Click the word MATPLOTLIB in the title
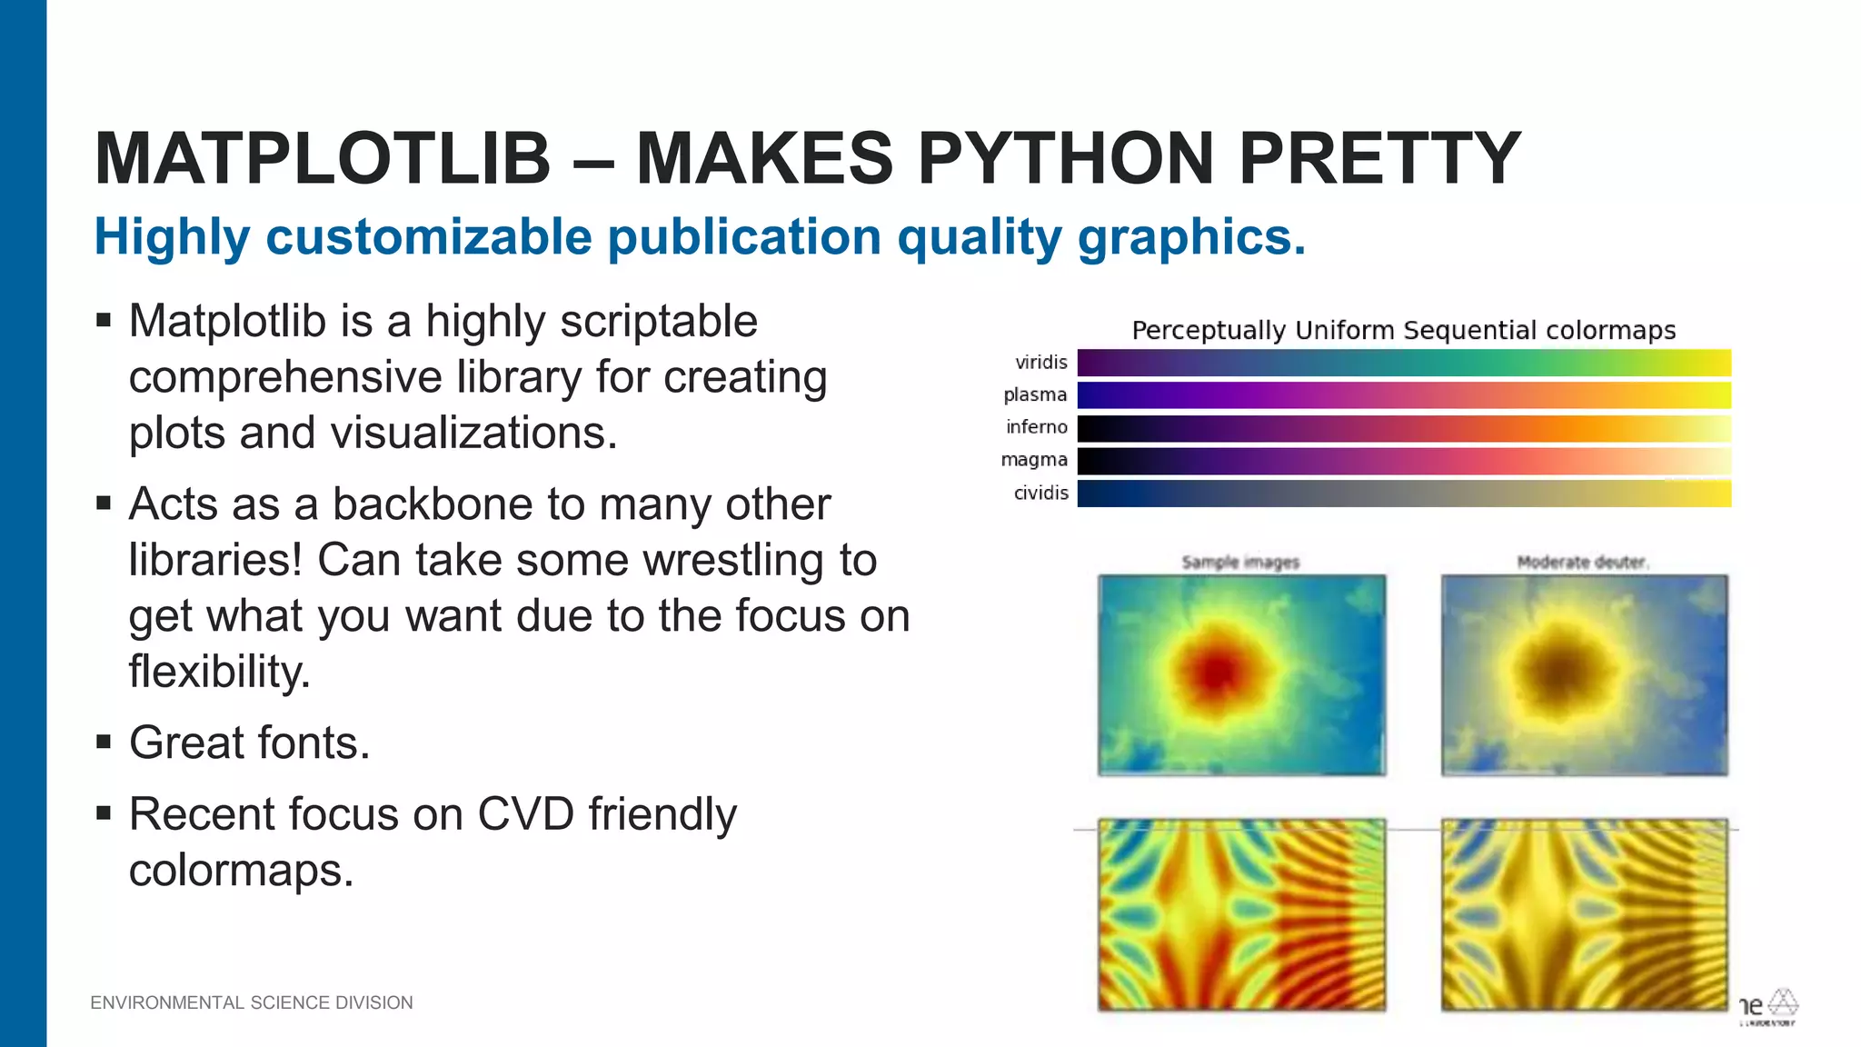pos(323,158)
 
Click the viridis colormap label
pos(1040,363)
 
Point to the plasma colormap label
pos(1035,394)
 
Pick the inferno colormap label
pos(1036,427)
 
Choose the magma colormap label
pos(1034,460)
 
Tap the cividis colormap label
pos(1040,493)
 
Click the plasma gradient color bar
pos(1404,395)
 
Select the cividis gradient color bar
pos(1404,494)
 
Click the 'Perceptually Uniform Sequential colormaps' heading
pos(1403,330)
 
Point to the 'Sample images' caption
pos(1240,563)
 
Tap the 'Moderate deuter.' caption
pos(1582,563)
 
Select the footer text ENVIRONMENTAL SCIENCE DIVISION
pos(252,1002)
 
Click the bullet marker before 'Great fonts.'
pos(104,743)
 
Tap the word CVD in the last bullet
pos(525,814)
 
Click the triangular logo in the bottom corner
pos(1782,1002)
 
